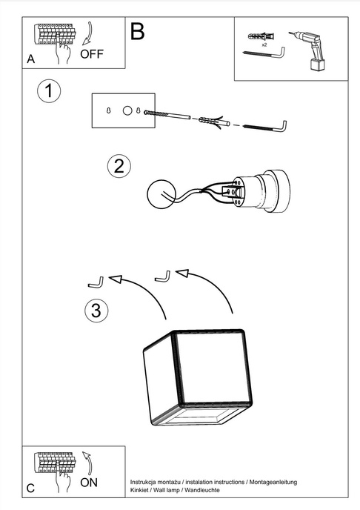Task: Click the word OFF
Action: [92, 54]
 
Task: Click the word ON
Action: [89, 482]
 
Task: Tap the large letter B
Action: [137, 31]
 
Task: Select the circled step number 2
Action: [117, 165]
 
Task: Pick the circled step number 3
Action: [94, 311]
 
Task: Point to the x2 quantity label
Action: [264, 45]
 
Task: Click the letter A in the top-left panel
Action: [30, 58]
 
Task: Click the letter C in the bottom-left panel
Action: [30, 489]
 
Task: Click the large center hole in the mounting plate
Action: [127, 110]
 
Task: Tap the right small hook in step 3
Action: [161, 276]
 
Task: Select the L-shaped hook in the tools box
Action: [263, 57]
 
